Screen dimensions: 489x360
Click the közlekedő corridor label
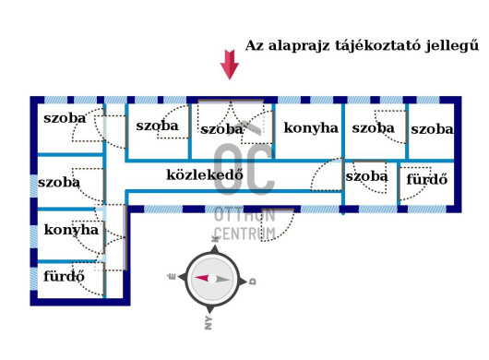(x=204, y=174)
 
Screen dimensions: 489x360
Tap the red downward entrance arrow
(x=229, y=65)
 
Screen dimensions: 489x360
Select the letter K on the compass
(x=216, y=238)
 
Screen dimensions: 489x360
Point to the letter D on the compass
(x=253, y=281)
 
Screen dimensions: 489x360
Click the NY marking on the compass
(x=209, y=322)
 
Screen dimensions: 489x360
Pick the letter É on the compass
(x=172, y=276)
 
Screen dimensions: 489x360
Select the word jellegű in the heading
(x=452, y=45)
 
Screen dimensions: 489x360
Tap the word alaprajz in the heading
(x=299, y=44)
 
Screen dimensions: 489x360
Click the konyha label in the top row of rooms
(x=311, y=128)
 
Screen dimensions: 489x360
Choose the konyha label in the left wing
(x=71, y=230)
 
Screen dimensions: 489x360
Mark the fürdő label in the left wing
(x=65, y=275)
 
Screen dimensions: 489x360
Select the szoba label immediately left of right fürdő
(x=366, y=175)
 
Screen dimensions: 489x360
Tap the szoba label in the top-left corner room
(x=65, y=117)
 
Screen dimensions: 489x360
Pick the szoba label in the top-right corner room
(x=432, y=129)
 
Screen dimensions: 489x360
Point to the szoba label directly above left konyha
(x=59, y=182)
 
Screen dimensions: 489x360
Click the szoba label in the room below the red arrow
(x=221, y=129)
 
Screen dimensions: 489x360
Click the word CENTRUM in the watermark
(x=244, y=234)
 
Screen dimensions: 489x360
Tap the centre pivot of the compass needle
(x=212, y=279)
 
